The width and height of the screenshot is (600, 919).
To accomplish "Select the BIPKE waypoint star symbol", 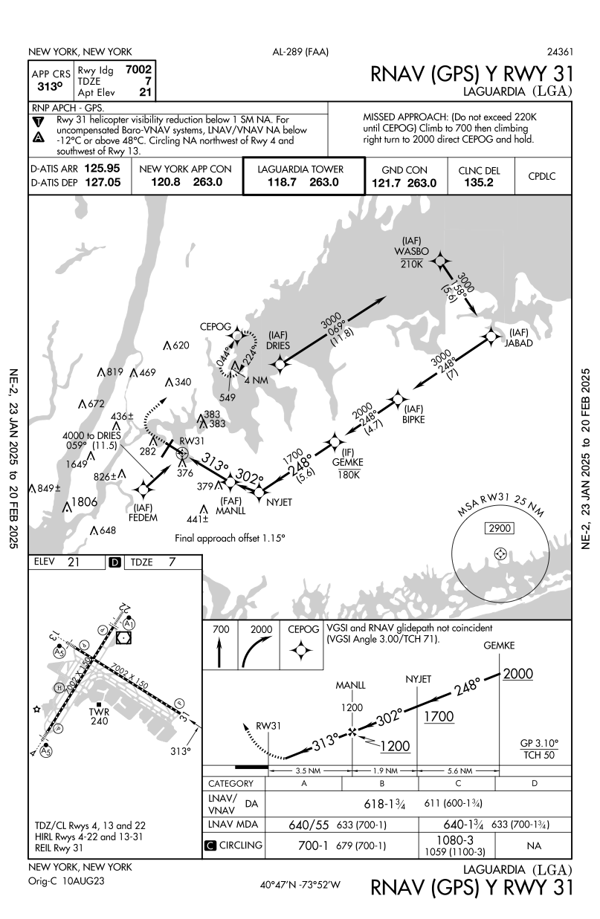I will point(399,400).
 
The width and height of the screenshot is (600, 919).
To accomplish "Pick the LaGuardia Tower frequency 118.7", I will point(280,181).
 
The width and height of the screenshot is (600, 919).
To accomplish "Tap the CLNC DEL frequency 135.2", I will point(480,182).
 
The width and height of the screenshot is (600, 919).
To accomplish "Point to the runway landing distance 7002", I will point(140,69).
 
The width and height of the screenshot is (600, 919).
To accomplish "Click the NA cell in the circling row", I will point(534,845).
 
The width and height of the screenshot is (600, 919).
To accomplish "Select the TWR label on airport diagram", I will point(99,712).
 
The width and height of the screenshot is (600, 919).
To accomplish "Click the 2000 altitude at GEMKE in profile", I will point(518,674).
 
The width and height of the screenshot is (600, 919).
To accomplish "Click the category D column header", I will point(534,784).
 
